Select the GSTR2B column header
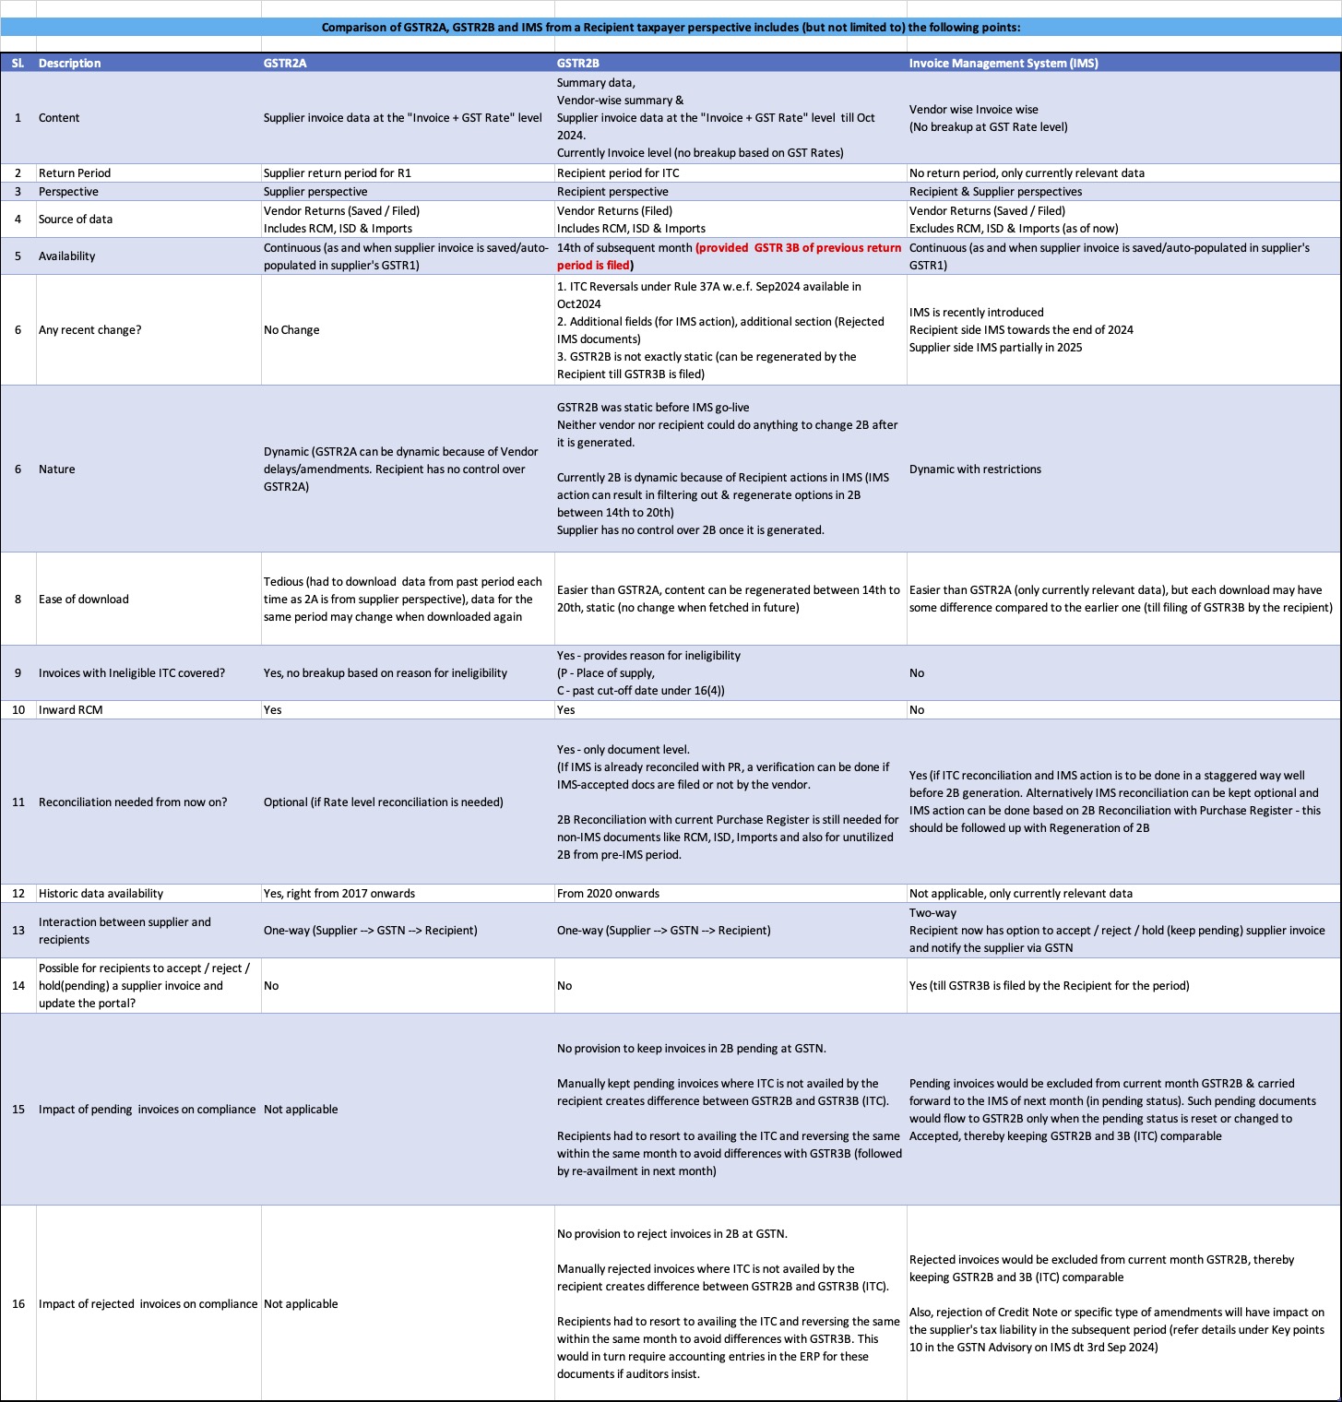click(x=578, y=64)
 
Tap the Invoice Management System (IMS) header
click(x=1004, y=64)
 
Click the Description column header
click(x=70, y=64)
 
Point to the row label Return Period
click(x=75, y=173)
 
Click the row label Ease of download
click(x=84, y=600)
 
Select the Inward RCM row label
click(x=71, y=710)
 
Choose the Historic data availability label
click(x=101, y=894)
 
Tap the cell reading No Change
click(x=291, y=330)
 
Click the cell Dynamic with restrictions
click(x=975, y=469)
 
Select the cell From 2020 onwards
click(x=608, y=894)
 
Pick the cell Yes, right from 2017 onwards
click(x=339, y=894)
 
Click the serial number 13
click(x=18, y=931)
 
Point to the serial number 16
click(x=18, y=1304)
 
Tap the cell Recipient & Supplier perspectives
click(x=995, y=192)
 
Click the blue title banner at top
click(x=671, y=28)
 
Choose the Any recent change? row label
click(x=90, y=330)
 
